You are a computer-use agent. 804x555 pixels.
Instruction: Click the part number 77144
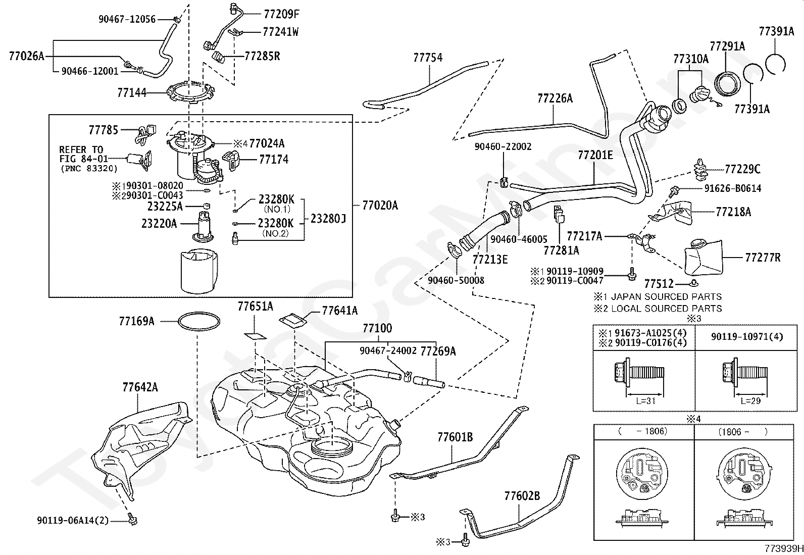(132, 92)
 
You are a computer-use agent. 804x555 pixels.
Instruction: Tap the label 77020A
(380, 206)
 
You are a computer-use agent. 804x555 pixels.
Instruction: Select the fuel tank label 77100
(377, 328)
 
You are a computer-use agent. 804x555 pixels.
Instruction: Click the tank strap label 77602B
(522, 496)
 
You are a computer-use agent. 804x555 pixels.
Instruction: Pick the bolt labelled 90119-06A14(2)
(132, 519)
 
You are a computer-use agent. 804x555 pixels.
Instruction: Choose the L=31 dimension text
(645, 400)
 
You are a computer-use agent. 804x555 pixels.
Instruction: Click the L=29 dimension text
(750, 400)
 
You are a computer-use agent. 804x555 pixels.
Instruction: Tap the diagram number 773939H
(784, 548)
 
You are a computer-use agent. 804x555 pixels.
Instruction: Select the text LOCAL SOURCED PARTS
(666, 309)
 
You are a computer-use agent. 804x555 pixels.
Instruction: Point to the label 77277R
(763, 258)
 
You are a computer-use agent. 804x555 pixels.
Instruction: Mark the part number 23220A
(159, 224)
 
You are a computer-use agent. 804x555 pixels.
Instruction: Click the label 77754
(428, 58)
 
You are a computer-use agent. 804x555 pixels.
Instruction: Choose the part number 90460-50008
(456, 280)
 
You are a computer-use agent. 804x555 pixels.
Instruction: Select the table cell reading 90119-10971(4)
(747, 337)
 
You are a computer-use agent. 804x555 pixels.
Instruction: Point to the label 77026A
(27, 56)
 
